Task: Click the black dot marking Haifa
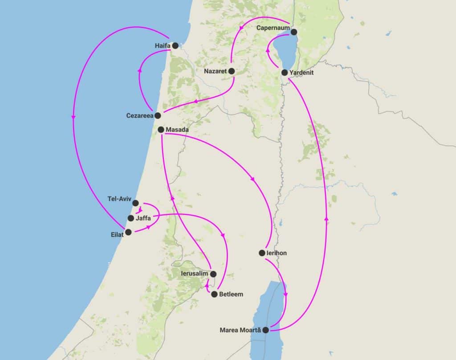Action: [175, 45]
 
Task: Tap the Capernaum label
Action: [273, 28]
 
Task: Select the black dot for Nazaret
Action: [232, 71]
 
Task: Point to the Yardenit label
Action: [302, 72]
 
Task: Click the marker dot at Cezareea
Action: [158, 115]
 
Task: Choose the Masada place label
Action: [177, 130]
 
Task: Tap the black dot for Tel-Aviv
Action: [136, 203]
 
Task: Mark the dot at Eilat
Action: [128, 232]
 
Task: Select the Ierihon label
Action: [277, 253]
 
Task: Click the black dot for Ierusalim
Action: [213, 274]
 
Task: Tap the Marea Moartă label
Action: [240, 330]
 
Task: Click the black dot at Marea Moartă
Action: [265, 330]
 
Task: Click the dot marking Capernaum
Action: [294, 31]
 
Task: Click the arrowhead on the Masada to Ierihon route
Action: [253, 180]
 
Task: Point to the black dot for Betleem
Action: [214, 295]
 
